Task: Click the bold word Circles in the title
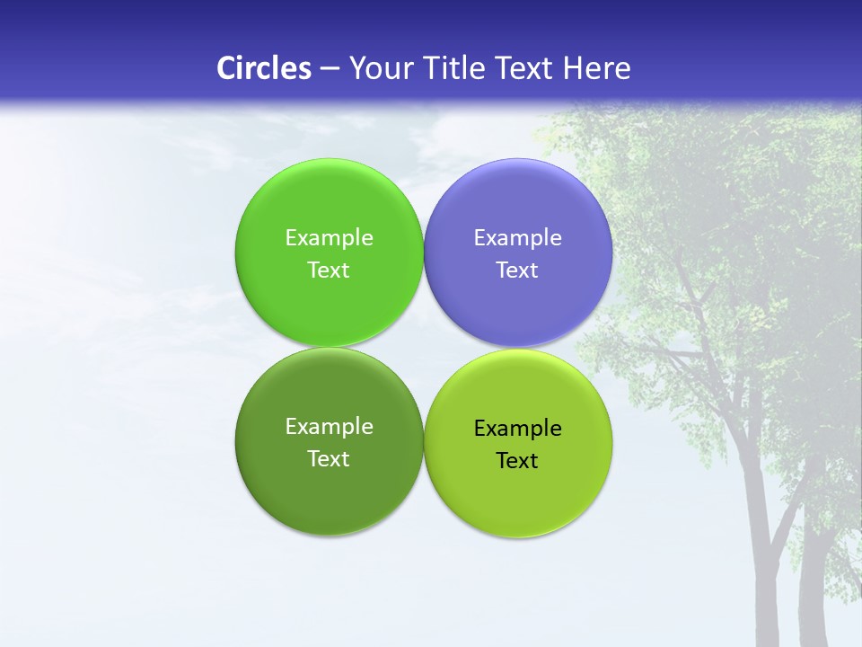pyautogui.click(x=264, y=68)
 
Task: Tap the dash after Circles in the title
pyautogui.click(x=330, y=69)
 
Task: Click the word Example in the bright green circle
pyautogui.click(x=329, y=237)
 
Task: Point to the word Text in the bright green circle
pyautogui.click(x=329, y=270)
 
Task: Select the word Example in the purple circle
pyautogui.click(x=517, y=237)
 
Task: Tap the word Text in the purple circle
pyautogui.click(x=517, y=270)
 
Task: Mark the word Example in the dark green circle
pyautogui.click(x=329, y=426)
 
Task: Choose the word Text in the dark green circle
pyautogui.click(x=329, y=458)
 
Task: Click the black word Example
pyautogui.click(x=517, y=428)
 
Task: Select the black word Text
pyautogui.click(x=517, y=460)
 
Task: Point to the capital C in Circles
pyautogui.click(x=226, y=68)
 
